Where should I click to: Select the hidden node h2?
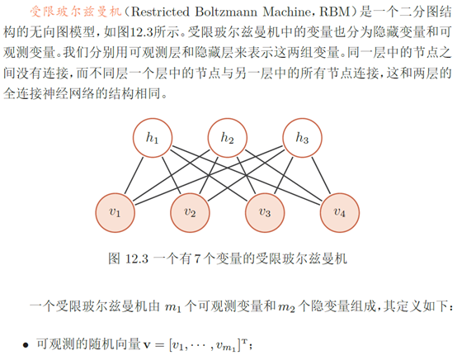(x=227, y=139)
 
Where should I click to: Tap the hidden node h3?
(x=302, y=139)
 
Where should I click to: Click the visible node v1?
(x=116, y=212)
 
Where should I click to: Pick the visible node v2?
(x=190, y=212)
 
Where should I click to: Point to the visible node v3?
(x=265, y=212)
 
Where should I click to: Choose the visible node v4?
(x=339, y=212)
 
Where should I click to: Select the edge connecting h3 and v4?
(x=321, y=175)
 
